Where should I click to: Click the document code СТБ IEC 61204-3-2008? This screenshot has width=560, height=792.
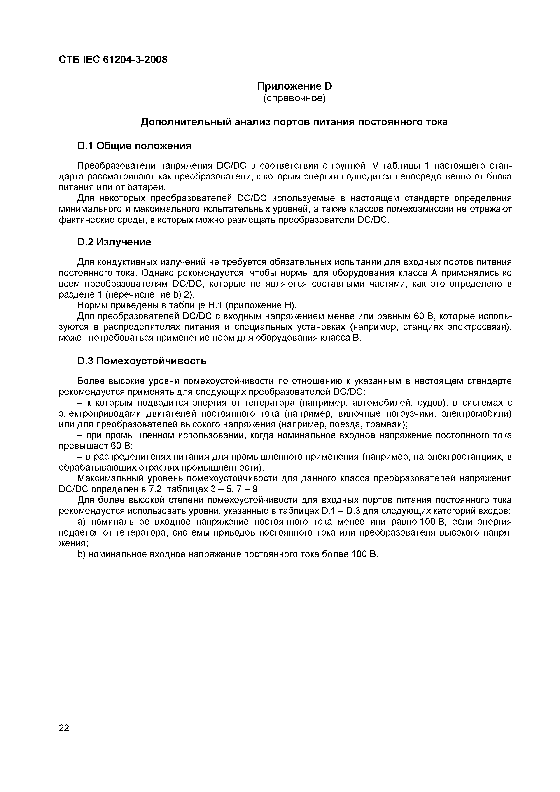click(113, 60)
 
